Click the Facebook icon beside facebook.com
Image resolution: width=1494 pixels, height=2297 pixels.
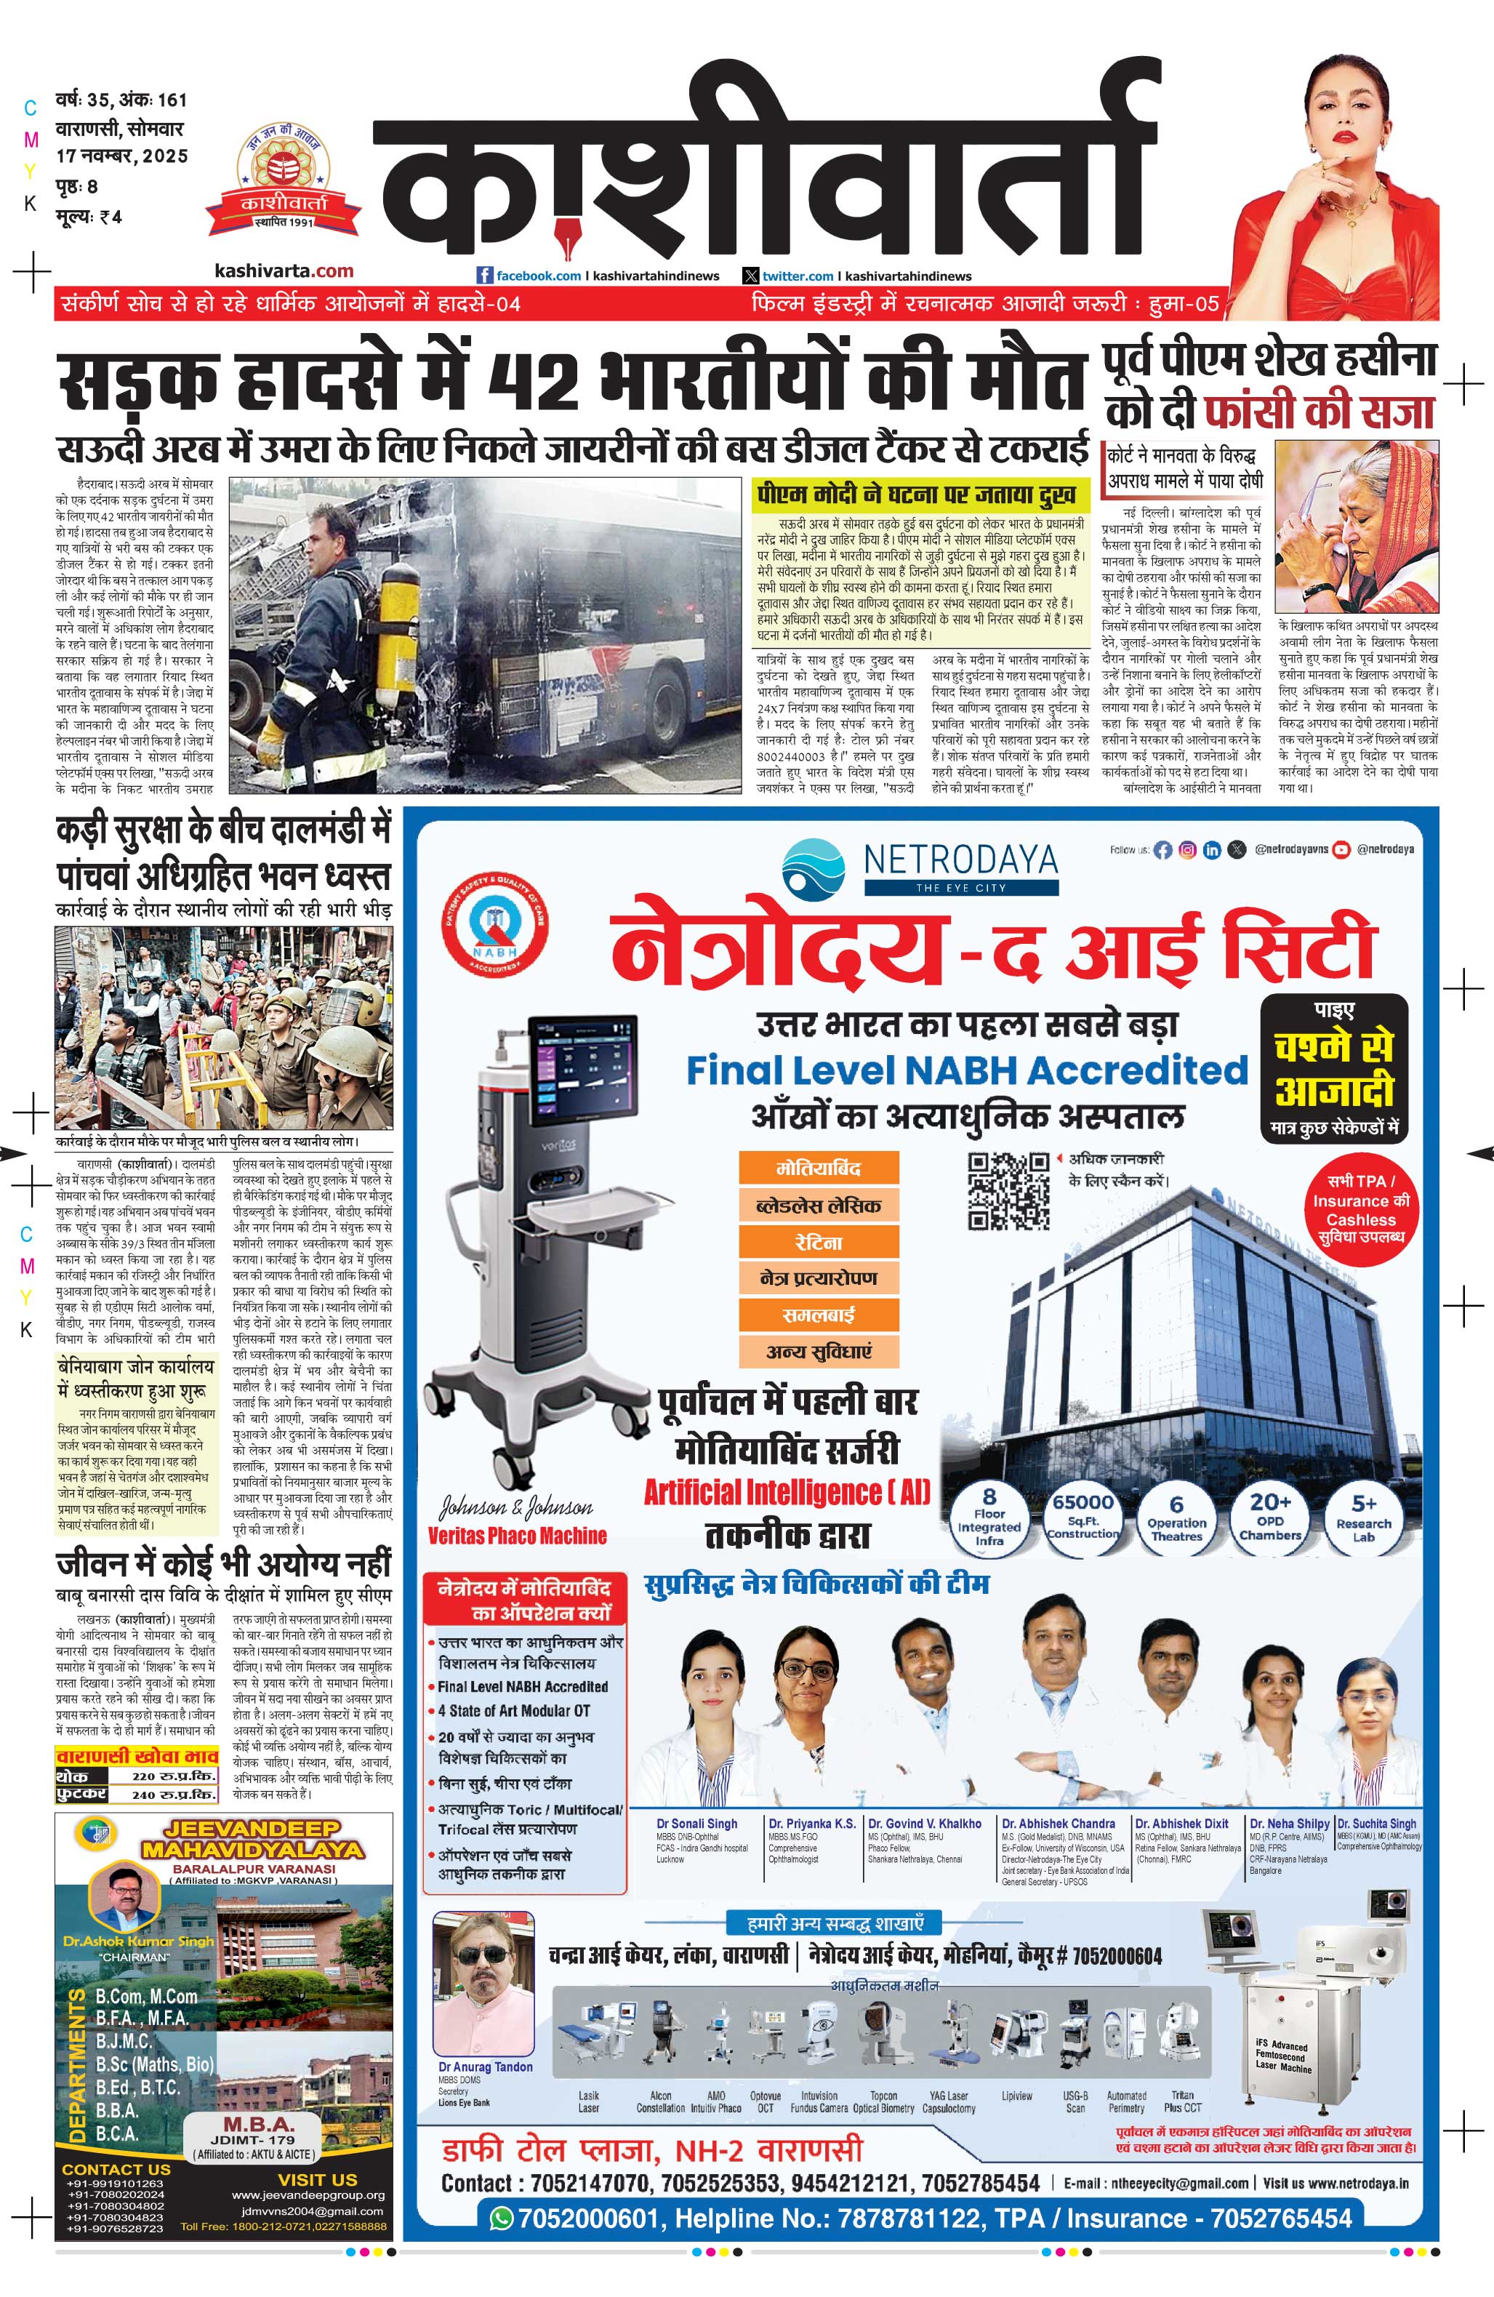(x=486, y=276)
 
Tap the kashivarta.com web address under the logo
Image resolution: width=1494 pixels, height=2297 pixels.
(x=284, y=271)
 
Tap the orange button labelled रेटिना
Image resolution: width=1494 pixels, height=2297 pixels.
(x=819, y=1242)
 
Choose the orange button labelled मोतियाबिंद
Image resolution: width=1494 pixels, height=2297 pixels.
(x=819, y=1168)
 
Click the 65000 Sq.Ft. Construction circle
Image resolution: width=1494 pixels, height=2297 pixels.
(x=1083, y=1516)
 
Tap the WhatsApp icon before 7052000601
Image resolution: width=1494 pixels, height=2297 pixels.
(x=501, y=2218)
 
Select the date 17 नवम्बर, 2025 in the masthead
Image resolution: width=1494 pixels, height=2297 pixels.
(x=121, y=156)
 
